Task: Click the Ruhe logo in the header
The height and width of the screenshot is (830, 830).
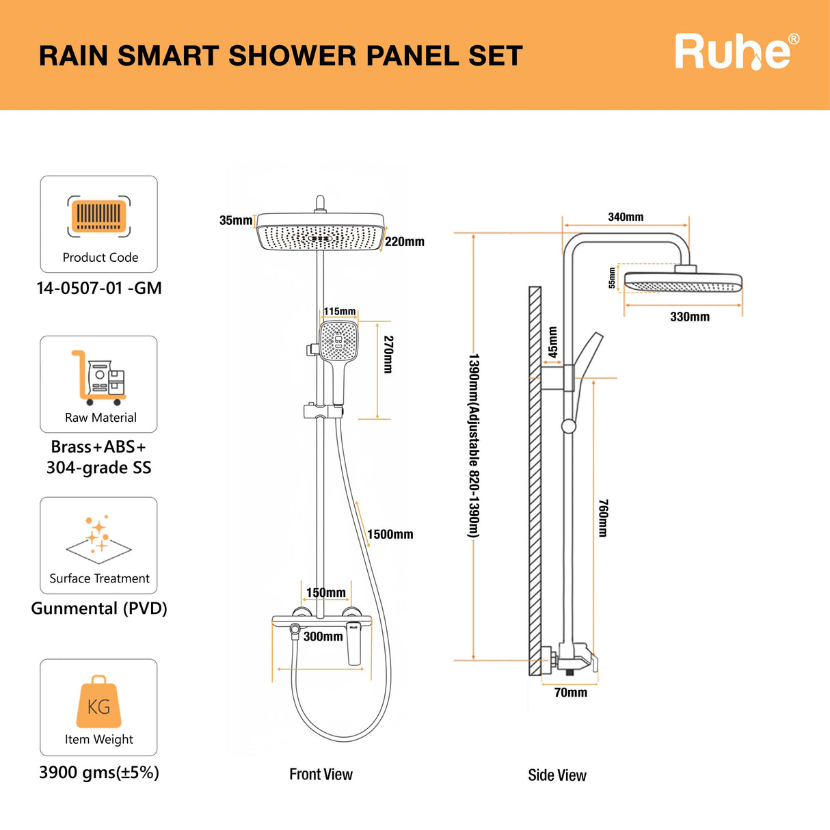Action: point(736,52)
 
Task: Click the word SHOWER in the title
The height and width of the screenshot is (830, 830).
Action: point(292,56)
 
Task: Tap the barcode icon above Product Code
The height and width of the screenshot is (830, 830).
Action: point(99,217)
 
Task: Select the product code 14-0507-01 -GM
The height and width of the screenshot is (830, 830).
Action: point(99,288)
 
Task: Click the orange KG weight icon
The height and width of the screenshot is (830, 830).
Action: point(99,703)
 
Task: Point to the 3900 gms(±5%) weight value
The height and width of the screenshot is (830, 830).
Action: point(99,773)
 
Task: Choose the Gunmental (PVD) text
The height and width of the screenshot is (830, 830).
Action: point(99,608)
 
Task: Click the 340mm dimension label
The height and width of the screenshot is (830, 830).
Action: point(626,217)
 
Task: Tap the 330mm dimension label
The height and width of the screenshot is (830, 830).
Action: point(689,317)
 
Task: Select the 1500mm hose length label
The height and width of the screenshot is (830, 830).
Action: point(390,535)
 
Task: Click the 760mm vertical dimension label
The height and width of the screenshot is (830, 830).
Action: point(603,518)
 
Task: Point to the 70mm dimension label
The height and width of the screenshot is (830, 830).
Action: point(570,693)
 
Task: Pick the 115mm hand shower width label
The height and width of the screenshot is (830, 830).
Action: point(340,312)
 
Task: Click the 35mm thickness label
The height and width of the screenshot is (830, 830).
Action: point(235,220)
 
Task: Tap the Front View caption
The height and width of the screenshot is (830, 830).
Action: point(321,775)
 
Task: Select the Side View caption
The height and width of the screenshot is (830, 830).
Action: point(557,775)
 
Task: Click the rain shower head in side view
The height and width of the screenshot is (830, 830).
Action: point(683,282)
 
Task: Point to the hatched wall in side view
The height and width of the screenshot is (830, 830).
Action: point(535,479)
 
